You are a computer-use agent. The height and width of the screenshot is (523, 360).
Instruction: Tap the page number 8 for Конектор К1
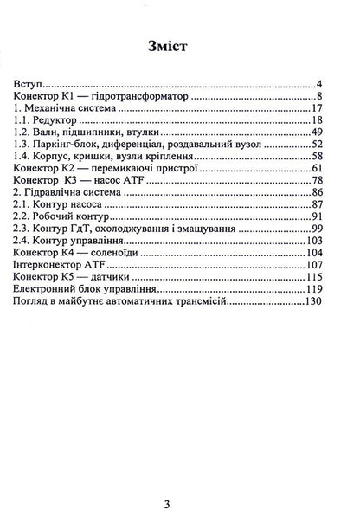pos(319,96)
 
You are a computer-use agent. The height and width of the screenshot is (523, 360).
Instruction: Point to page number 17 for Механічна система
pos(316,108)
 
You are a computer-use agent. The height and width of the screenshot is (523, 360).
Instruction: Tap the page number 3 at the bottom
pos(180,503)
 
